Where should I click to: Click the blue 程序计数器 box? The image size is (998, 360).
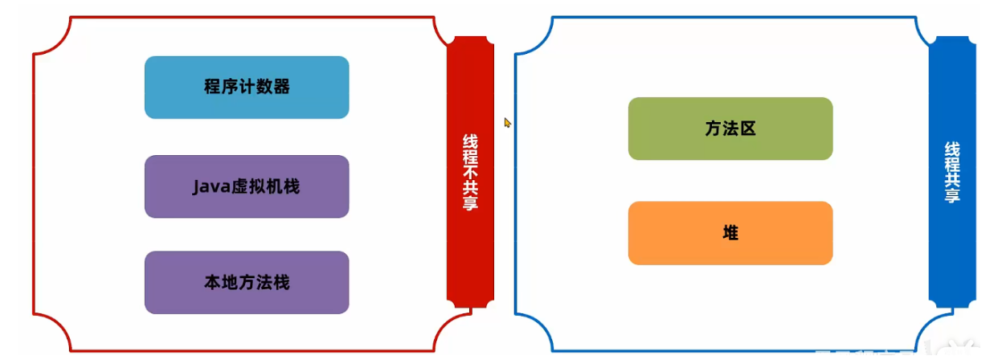(247, 88)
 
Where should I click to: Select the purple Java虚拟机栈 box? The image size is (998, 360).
(247, 186)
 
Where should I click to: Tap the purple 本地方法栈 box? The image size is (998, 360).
(247, 283)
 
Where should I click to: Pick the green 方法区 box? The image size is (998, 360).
(730, 129)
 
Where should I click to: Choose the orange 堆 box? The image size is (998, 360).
(730, 233)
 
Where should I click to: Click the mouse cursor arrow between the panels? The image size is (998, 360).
(507, 122)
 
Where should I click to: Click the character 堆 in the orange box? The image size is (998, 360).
(730, 233)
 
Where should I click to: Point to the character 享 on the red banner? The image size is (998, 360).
(470, 202)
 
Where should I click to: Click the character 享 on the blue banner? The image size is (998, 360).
(952, 194)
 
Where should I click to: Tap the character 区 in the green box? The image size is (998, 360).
(748, 129)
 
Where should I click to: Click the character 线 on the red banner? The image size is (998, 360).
(470, 141)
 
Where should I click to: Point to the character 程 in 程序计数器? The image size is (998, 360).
(213, 88)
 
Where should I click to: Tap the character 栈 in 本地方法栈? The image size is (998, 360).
(281, 283)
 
